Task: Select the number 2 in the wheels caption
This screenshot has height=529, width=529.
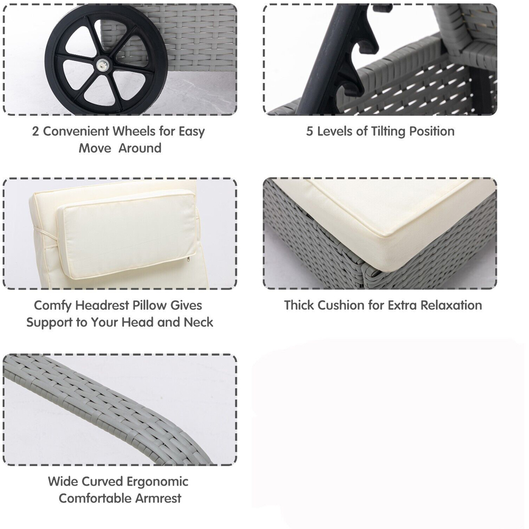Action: (x=35, y=131)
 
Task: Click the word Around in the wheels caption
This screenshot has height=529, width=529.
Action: (x=140, y=148)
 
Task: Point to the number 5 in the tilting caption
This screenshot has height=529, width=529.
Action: (x=309, y=131)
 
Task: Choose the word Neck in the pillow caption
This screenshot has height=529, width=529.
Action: (x=198, y=323)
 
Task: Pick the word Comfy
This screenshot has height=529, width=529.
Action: (x=52, y=306)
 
